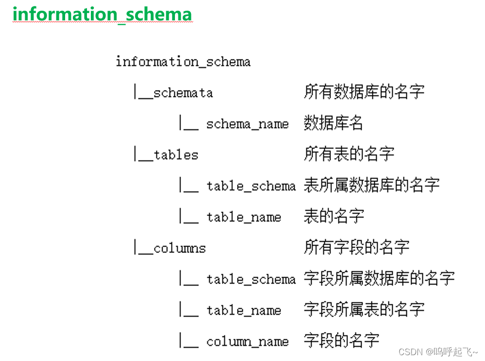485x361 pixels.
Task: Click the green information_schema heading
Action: click(102, 14)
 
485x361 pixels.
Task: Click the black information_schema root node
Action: click(183, 62)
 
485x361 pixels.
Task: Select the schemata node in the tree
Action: click(183, 93)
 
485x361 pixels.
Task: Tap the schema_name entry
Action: click(247, 124)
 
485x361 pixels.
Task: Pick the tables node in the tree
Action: click(175, 155)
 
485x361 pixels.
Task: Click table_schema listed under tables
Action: click(251, 186)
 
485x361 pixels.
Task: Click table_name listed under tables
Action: click(243, 217)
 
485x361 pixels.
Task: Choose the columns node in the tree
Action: click(179, 248)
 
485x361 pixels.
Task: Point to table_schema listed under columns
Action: click(251, 279)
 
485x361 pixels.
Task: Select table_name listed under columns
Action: click(243, 310)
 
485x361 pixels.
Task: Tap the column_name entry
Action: click(247, 342)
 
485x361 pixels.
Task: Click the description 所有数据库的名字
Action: click(364, 92)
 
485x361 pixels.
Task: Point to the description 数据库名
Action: click(333, 123)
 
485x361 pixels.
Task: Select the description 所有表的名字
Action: click(349, 154)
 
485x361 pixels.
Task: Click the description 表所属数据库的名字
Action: click(372, 185)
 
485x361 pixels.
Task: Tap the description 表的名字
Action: click(334, 216)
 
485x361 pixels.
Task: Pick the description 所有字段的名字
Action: click(357, 247)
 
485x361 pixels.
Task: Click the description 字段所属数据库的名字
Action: click(379, 278)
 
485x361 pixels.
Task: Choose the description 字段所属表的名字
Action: click(364, 309)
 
